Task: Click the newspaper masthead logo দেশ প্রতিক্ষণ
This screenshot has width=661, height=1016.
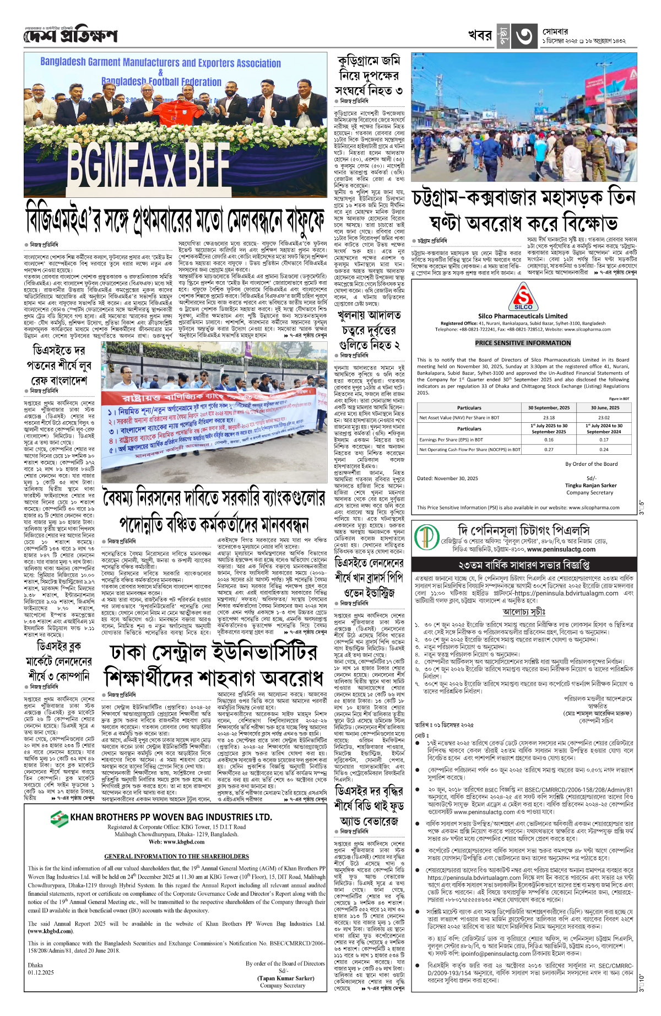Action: point(70,36)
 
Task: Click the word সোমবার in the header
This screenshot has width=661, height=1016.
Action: point(555,32)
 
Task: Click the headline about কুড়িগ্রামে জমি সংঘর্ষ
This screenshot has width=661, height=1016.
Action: point(369,76)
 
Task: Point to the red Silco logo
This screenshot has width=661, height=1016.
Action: point(523,299)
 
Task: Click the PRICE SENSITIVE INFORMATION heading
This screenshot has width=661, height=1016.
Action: point(523,343)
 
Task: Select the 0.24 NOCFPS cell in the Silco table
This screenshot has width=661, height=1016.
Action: point(604,449)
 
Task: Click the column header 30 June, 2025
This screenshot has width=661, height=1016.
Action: point(604,408)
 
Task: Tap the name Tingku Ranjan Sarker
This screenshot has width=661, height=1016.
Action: point(590,486)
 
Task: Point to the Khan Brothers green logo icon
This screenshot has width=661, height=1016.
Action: point(59,818)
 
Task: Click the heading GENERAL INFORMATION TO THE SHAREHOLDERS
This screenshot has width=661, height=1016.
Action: point(176,856)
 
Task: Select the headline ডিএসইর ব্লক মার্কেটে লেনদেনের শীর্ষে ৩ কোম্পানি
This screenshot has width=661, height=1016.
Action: point(58,660)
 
